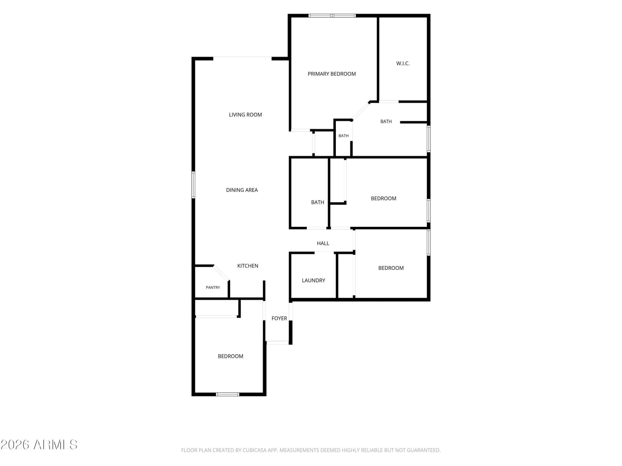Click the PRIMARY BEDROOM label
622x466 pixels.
(332, 74)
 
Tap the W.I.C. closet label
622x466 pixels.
(403, 63)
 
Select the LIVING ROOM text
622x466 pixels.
(245, 115)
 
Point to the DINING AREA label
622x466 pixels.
(242, 190)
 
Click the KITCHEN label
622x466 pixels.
(247, 266)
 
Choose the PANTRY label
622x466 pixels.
(213, 287)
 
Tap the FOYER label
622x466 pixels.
(279, 318)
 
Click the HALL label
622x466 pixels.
(323, 243)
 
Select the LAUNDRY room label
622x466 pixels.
(313, 280)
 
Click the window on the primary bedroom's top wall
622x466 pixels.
(332, 16)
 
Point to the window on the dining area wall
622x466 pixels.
(193, 184)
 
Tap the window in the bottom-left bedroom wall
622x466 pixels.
(227, 395)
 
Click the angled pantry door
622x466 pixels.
(221, 273)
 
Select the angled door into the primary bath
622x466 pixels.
(361, 111)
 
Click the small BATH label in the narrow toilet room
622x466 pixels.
(343, 136)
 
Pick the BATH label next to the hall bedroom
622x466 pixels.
(317, 202)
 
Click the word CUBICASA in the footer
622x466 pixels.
(253, 450)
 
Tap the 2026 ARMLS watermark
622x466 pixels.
(39, 445)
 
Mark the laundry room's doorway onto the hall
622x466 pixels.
(324, 253)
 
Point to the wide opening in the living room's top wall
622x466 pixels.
(242, 58)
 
